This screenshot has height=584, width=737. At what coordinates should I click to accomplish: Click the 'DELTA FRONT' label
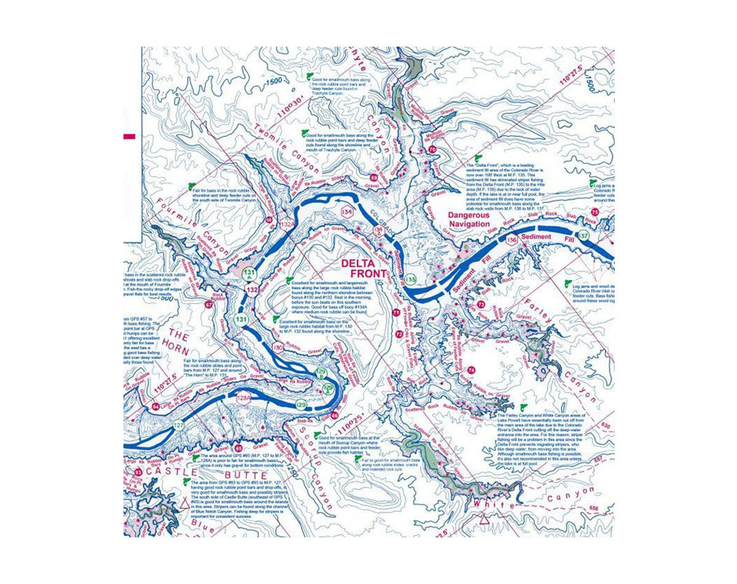[364, 267]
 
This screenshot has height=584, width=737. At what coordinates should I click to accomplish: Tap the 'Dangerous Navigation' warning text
[469, 220]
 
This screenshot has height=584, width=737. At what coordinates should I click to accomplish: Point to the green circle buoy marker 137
[584, 236]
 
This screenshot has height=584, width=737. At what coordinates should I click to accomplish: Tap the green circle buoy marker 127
[179, 426]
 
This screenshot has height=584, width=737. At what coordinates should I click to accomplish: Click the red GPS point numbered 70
[432, 150]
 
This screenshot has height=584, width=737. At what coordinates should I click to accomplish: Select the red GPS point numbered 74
[471, 371]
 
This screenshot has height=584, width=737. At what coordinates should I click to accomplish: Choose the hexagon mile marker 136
[512, 240]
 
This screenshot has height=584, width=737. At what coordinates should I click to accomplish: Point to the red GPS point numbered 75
[594, 212]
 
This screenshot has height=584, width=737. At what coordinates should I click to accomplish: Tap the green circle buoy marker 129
[301, 405]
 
